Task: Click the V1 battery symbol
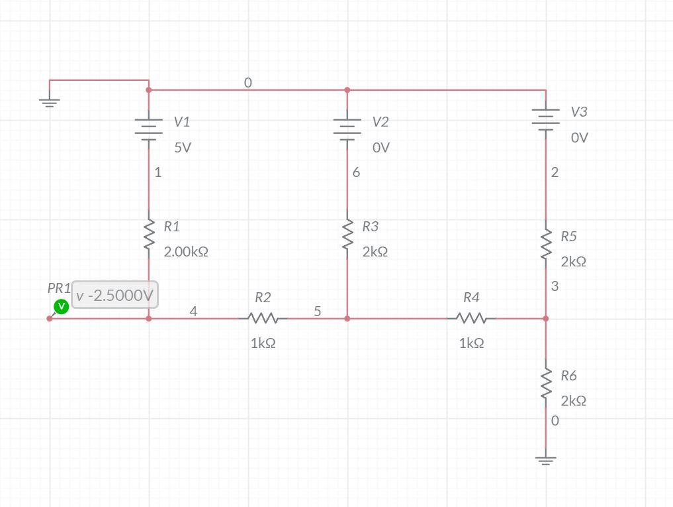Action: coord(149,129)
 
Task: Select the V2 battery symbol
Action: coord(347,129)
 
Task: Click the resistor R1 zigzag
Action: coord(149,235)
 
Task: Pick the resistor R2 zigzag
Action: coord(263,319)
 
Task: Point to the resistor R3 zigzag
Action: coord(347,235)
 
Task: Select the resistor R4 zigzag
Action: coord(471,319)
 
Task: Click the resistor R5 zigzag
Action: coord(546,245)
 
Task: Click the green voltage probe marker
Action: coord(61,306)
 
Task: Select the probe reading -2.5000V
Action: coord(114,296)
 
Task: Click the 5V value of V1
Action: coord(183,148)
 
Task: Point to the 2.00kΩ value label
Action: coord(186,253)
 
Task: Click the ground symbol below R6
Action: coord(546,459)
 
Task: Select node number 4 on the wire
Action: coord(193,311)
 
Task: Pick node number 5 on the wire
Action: coord(318,311)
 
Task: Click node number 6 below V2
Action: coord(356,172)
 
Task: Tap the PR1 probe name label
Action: coord(58,288)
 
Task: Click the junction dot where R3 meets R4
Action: coord(347,319)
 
